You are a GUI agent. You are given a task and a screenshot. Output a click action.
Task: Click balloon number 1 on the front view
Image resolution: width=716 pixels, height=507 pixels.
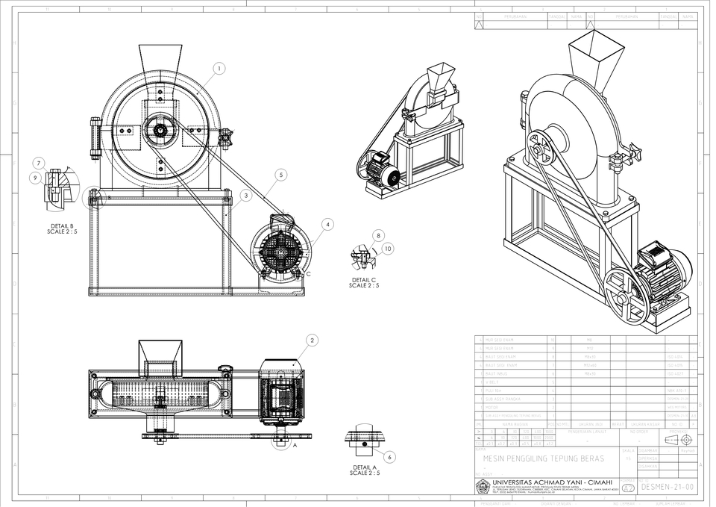coord(219,69)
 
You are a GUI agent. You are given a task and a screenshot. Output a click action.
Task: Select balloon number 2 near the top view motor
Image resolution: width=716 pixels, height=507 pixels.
coord(312,340)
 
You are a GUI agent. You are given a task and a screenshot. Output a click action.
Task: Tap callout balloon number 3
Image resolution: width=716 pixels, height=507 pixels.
coord(245,196)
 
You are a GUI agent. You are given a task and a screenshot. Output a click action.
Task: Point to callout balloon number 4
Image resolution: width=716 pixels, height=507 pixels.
coord(327,223)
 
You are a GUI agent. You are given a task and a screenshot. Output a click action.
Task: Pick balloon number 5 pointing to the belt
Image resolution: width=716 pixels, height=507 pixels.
coord(280,175)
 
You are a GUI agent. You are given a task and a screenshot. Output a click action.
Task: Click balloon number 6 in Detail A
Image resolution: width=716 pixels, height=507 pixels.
coord(389,456)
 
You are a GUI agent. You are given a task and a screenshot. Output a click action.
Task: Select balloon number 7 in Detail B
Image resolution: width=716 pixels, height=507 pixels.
coord(39,163)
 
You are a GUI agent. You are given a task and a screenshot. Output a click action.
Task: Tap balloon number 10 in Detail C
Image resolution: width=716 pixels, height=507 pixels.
coord(388,248)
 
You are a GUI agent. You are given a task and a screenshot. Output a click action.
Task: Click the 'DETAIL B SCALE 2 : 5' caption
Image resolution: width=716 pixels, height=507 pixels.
coord(61,228)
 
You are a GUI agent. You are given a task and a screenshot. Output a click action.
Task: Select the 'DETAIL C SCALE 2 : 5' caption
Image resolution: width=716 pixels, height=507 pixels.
coord(364,282)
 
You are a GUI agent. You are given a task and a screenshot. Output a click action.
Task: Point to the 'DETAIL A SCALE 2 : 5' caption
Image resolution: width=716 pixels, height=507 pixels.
coord(364,470)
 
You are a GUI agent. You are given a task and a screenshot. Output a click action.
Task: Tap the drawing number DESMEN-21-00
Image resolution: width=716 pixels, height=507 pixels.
coord(668,486)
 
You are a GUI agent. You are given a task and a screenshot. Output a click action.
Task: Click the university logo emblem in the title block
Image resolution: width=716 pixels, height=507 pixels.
coord(483,487)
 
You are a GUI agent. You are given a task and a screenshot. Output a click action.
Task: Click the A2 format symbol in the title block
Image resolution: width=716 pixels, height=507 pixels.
coord(629,487)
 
